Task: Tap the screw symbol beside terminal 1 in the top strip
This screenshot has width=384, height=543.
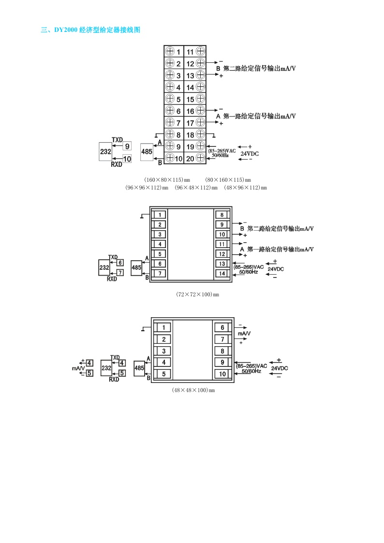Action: pyautogui.click(x=170, y=51)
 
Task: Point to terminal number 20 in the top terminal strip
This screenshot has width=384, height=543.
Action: pyautogui.click(x=190, y=158)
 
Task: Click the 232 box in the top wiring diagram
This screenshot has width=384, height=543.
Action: pyautogui.click(x=105, y=151)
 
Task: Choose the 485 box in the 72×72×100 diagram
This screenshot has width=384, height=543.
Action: pyautogui.click(x=137, y=267)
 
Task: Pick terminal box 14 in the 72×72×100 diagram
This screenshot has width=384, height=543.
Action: pyautogui.click(x=222, y=274)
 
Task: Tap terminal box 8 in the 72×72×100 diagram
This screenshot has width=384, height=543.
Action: pyautogui.click(x=222, y=215)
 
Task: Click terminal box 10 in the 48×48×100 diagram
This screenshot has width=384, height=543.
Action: pyautogui.click(x=222, y=374)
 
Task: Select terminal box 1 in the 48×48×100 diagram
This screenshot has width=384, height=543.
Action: pyautogui.click(x=164, y=327)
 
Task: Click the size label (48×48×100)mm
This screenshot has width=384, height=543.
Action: pyautogui.click(x=193, y=390)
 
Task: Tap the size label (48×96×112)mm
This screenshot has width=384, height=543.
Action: pyautogui.click(x=246, y=188)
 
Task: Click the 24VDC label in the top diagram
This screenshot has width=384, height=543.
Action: pyautogui.click(x=250, y=153)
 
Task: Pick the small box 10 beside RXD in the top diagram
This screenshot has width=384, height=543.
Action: pyautogui.click(x=127, y=158)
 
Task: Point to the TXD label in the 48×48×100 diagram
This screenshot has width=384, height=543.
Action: pyautogui.click(x=115, y=357)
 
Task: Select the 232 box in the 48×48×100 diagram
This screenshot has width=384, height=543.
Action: pyautogui.click(x=106, y=368)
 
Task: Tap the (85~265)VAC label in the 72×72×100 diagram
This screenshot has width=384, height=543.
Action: pyautogui.click(x=249, y=267)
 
